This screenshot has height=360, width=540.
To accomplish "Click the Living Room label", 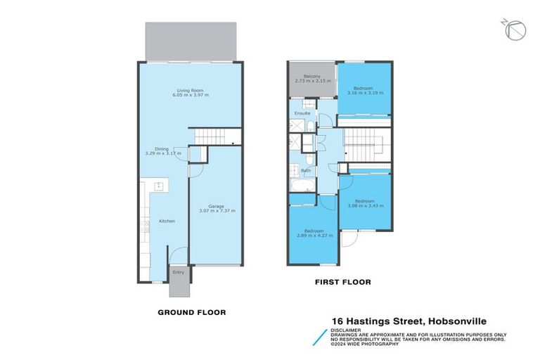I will click(191, 89).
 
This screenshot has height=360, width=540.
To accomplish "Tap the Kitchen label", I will click(167, 221).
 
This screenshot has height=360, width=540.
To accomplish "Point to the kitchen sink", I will click(159, 187).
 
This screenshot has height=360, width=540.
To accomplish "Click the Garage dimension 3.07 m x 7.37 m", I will click(217, 210).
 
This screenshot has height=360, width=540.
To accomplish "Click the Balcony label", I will click(312, 76).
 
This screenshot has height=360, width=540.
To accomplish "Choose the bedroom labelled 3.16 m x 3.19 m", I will click(364, 88).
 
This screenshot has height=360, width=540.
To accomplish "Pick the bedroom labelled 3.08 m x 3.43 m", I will click(364, 202).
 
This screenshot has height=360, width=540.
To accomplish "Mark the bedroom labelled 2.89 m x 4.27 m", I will click(314, 234).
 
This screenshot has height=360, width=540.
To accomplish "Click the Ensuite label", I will click(302, 112).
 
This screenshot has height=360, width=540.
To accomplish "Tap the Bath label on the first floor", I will click(306, 170).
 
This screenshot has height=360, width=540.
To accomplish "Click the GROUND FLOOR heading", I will click(191, 311).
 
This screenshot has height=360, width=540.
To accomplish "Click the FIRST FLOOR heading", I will click(342, 282).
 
